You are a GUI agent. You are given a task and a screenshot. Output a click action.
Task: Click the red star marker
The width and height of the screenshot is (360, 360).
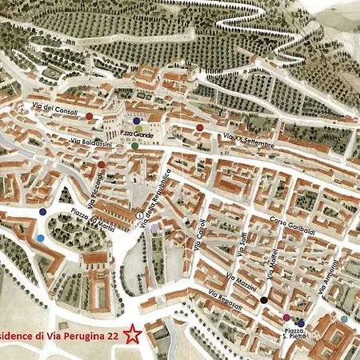click(x=134, y=335)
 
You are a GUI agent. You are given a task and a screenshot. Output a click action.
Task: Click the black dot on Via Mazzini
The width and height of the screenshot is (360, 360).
click(x=264, y=300)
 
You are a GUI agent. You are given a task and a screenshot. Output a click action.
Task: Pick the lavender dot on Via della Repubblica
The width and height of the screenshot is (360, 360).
click(x=154, y=227)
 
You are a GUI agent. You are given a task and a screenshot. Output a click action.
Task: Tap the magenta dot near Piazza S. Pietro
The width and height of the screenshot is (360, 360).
click(x=286, y=318)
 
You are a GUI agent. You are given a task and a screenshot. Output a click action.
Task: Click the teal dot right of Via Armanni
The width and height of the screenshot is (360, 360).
click(x=343, y=319)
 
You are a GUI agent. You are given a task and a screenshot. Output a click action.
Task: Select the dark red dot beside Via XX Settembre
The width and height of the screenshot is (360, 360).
click(x=199, y=127)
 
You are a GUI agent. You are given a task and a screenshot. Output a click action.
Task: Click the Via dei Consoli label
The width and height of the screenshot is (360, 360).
click(x=55, y=109)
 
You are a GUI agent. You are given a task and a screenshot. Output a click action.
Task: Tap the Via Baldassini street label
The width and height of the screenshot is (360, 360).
click(x=91, y=141)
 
